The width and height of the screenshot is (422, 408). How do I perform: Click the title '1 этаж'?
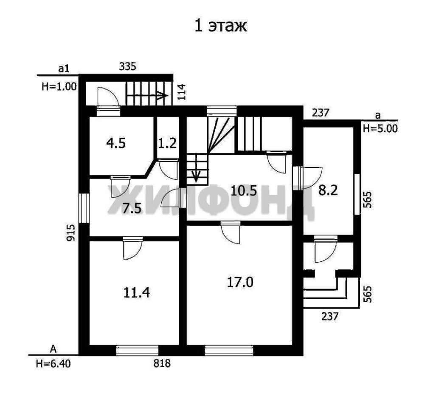pos(220,26)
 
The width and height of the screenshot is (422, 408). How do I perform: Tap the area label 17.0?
pos(240,283)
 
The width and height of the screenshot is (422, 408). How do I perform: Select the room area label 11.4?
pos(136,292)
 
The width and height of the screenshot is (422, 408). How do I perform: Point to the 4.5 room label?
pos(116,143)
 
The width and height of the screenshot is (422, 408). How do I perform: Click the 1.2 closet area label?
pos(167,143)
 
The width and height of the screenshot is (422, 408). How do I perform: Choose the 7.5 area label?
pos(132,209)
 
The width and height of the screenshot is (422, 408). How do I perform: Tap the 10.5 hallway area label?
pos(244,191)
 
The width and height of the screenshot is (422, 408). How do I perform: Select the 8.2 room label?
pos(328,190)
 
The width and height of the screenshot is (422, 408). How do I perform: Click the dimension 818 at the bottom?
pos(162,363)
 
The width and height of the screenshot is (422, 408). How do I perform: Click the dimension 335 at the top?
pos(127,66)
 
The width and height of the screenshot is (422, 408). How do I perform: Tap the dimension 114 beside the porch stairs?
pos(182,92)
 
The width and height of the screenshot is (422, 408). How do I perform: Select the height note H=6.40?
pos(53,364)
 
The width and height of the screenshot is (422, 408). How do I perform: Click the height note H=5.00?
pos(380,128)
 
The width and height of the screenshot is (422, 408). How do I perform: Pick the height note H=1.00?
pos(59,87)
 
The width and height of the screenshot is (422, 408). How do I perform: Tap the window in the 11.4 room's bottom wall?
pos(137,350)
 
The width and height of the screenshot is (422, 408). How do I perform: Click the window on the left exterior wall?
pos(84,208)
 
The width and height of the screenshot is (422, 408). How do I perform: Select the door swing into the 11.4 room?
pos(132,249)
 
